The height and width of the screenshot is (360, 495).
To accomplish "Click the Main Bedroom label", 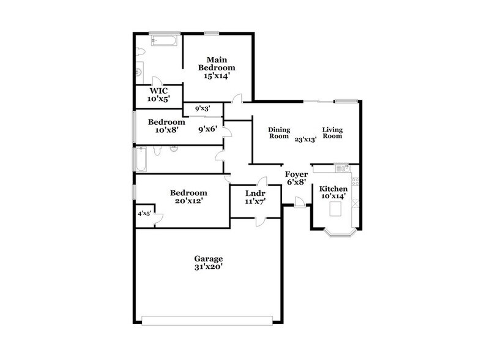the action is (x=217, y=64).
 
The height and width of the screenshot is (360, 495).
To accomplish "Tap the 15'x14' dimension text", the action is (x=217, y=76).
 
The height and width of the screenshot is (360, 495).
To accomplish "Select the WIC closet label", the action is (x=159, y=91).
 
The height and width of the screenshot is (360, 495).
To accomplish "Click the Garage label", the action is (x=209, y=259).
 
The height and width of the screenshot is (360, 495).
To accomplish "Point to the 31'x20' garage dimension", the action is (x=209, y=267).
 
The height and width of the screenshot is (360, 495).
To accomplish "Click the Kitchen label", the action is (x=333, y=189).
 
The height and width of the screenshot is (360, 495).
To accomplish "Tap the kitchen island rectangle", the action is (x=335, y=209).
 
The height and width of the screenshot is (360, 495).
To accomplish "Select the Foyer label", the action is (x=296, y=174).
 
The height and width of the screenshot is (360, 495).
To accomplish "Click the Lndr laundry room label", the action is (x=255, y=193).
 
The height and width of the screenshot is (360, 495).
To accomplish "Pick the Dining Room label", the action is (x=279, y=133).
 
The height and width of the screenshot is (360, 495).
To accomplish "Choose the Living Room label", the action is (x=332, y=133).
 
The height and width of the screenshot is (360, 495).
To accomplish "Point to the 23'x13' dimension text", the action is (x=305, y=140).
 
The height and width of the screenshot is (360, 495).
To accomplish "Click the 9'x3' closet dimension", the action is (x=203, y=109).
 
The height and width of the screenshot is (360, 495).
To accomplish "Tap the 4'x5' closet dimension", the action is (x=144, y=214).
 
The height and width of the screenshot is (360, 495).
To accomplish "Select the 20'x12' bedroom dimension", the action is (x=189, y=201).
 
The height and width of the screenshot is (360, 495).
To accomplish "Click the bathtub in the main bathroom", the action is (x=163, y=41).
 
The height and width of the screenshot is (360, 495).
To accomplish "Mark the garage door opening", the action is (x=207, y=321).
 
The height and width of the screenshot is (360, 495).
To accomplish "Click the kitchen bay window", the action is (x=341, y=233).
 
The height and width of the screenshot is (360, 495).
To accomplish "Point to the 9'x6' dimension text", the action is (x=207, y=129).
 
